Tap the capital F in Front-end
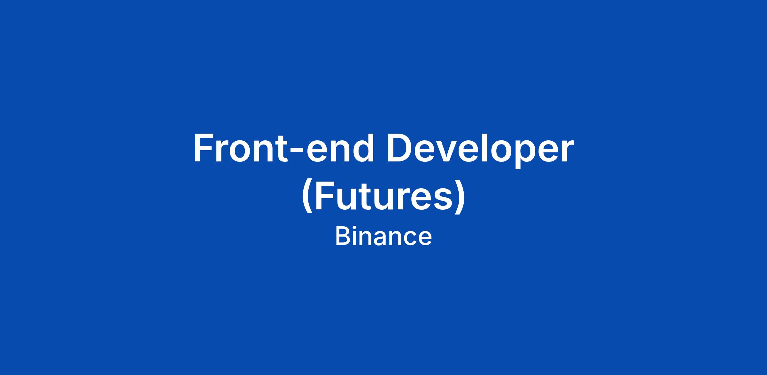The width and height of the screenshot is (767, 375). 205,148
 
